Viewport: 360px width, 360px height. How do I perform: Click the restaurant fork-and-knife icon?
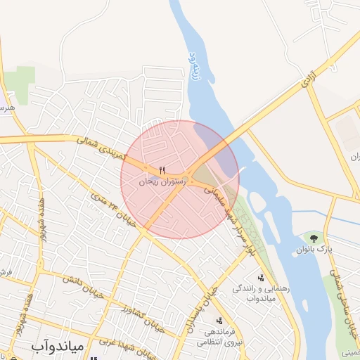click(x=163, y=170)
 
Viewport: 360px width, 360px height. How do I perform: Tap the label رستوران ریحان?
click(x=162, y=181)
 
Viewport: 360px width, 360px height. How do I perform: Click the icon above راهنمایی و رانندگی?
click(x=261, y=278)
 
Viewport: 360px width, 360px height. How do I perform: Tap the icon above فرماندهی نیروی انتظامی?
click(x=219, y=321)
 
